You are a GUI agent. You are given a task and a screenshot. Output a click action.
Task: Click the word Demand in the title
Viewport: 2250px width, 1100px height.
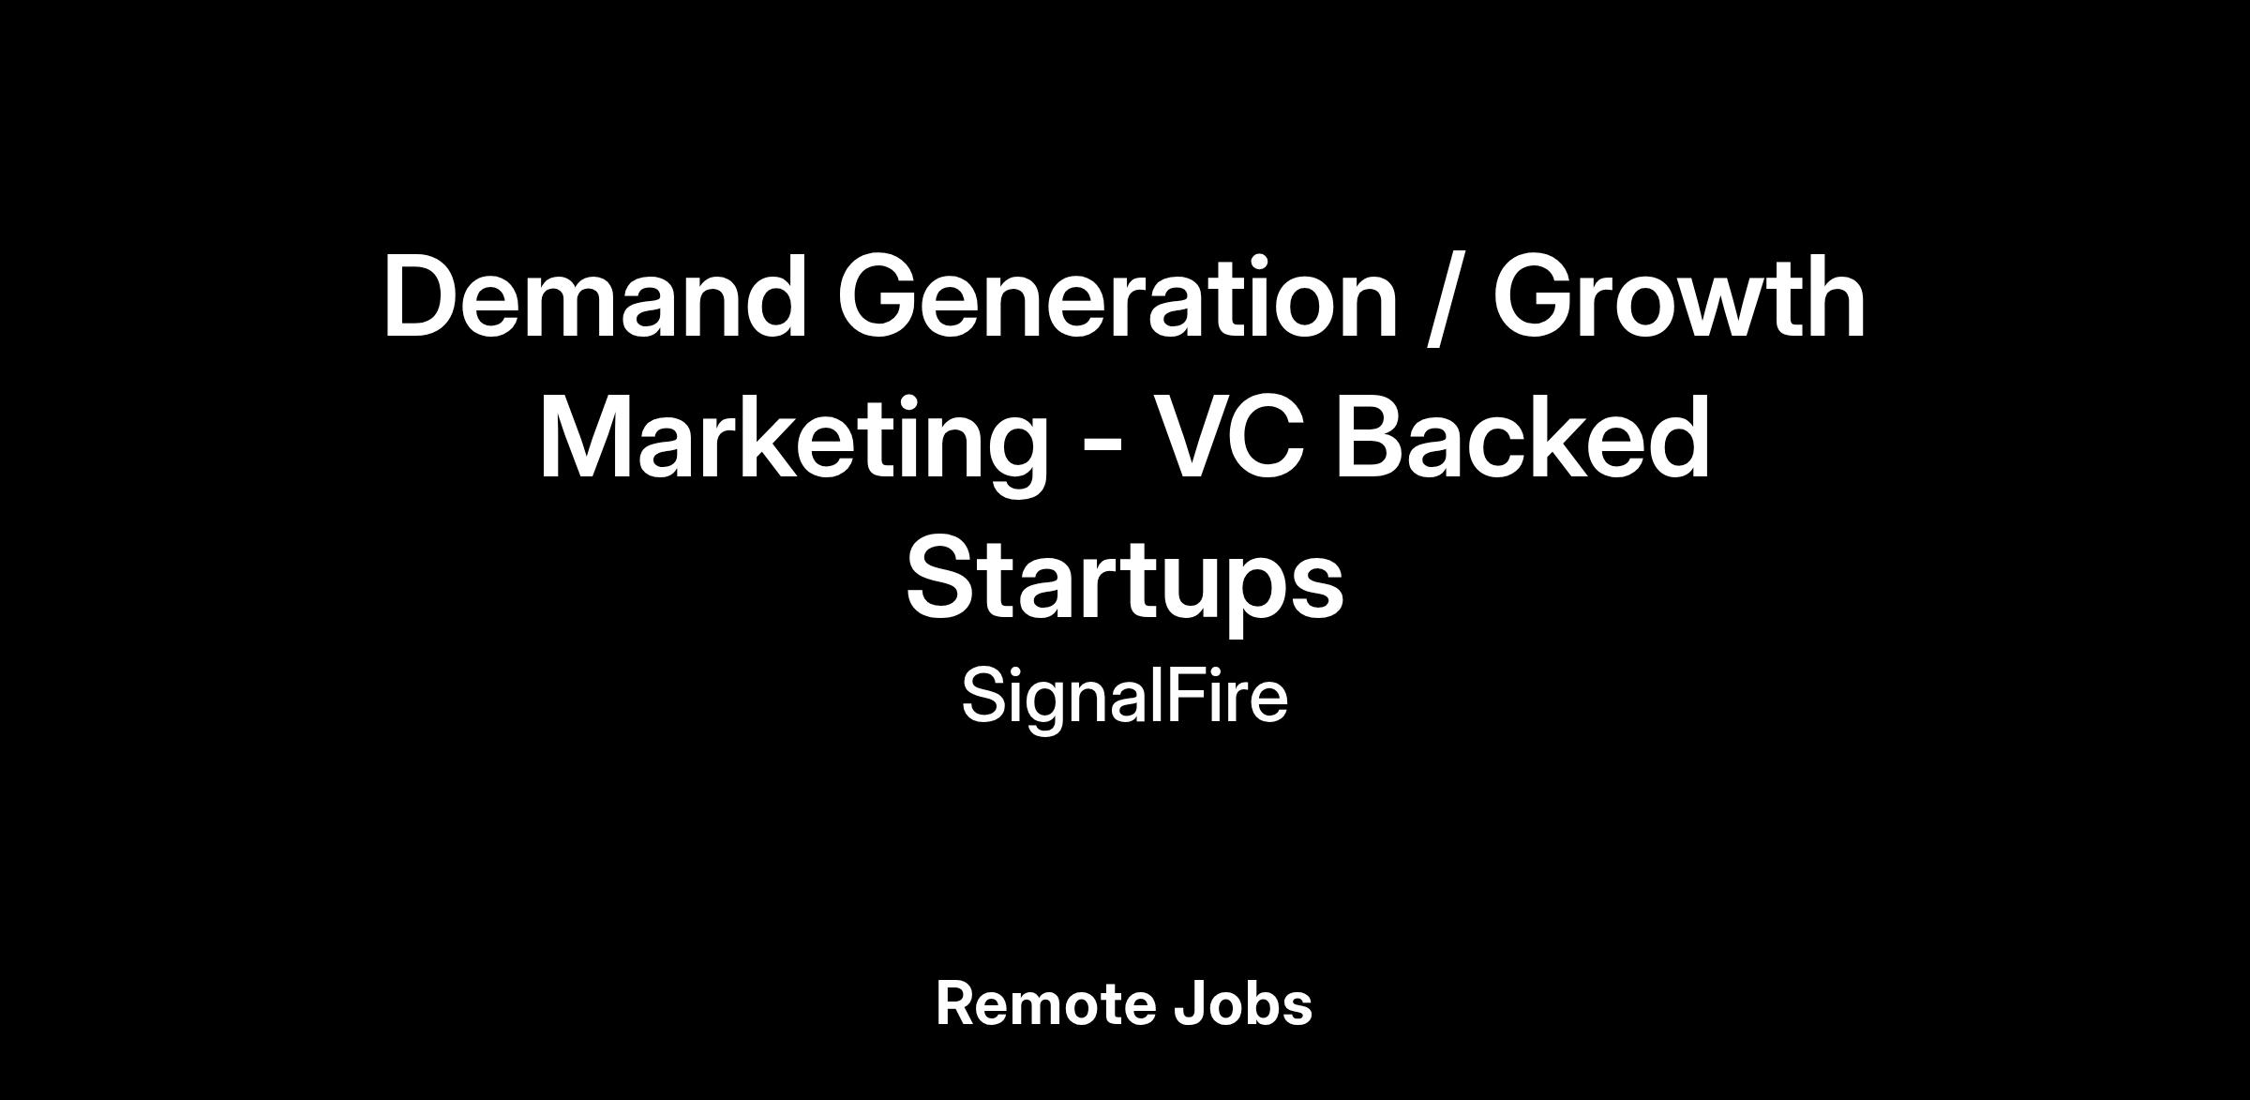pyautogui.click(x=595, y=296)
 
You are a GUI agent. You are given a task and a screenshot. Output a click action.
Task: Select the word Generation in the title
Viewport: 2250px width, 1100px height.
pyautogui.click(x=1117, y=297)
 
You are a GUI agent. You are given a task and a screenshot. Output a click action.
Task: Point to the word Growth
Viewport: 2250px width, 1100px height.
pyautogui.click(x=1679, y=297)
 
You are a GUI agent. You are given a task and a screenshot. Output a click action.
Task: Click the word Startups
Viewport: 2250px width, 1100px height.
pyautogui.click(x=1124, y=580)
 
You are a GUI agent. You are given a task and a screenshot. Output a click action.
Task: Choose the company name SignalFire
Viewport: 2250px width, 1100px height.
pyautogui.click(x=1124, y=699)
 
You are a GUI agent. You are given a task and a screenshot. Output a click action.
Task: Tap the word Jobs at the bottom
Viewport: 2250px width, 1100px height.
pyautogui.click(x=1242, y=1004)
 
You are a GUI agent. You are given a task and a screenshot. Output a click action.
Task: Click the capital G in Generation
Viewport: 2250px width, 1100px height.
pyautogui.click(x=879, y=297)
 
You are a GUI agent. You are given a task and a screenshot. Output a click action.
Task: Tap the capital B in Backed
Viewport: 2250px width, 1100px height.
pyautogui.click(x=1371, y=437)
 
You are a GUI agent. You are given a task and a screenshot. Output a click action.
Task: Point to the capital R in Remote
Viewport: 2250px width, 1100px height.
pyautogui.click(x=957, y=1004)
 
